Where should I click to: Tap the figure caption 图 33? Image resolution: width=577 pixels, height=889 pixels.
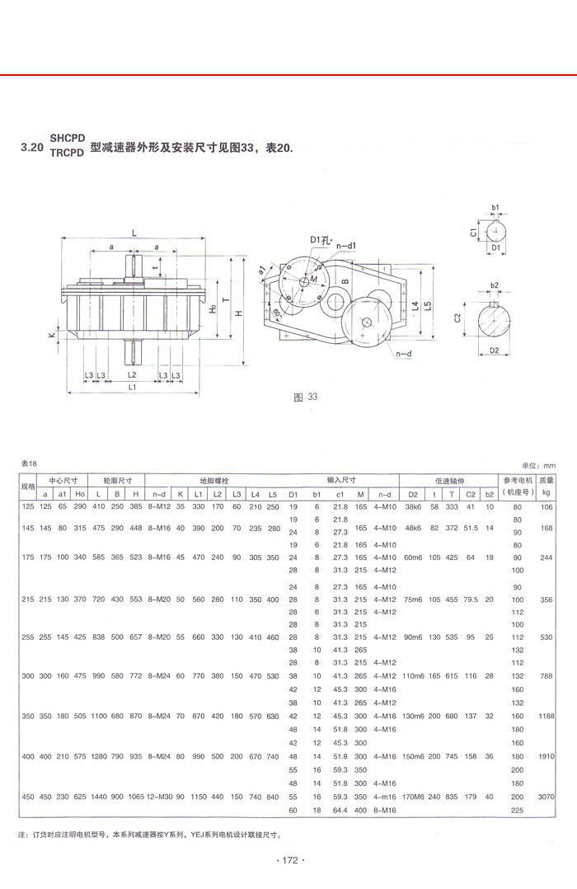(x=306, y=397)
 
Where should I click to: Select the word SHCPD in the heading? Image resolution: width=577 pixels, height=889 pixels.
(x=67, y=138)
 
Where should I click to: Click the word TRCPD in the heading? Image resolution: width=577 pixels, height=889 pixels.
(x=67, y=153)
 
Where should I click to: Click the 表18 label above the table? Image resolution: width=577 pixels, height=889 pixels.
(x=29, y=464)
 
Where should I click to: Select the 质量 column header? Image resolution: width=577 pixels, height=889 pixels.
(x=546, y=479)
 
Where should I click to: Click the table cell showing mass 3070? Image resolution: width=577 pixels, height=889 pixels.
(x=546, y=798)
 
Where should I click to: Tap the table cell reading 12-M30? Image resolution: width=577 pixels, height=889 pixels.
(x=159, y=798)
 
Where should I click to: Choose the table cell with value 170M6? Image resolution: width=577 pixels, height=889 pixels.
(x=413, y=798)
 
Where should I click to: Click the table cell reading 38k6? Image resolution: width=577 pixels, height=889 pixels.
(x=413, y=506)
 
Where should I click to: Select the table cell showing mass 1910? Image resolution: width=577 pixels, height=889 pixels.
(x=546, y=755)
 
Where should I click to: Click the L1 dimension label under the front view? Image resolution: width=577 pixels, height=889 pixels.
(x=132, y=386)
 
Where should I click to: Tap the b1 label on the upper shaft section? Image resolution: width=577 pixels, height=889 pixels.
(x=495, y=206)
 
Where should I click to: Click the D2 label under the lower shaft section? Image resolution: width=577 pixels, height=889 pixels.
(x=495, y=350)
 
